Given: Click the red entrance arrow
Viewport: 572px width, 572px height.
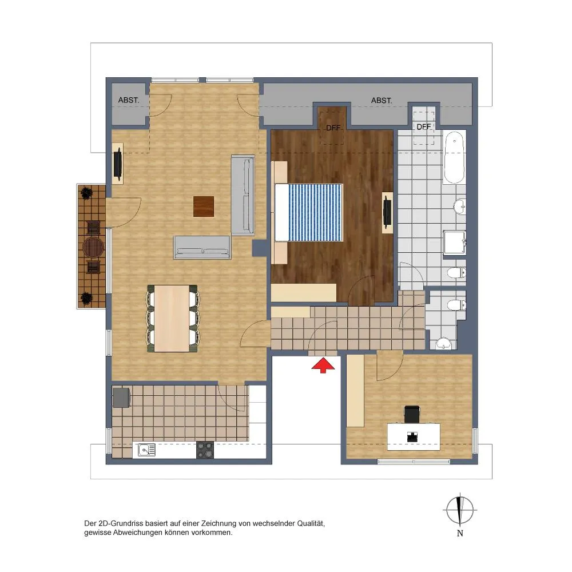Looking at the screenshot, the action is (323, 366).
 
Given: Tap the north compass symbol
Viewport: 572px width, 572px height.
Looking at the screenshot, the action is (460, 510).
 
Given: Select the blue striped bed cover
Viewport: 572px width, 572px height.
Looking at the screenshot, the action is (316, 213).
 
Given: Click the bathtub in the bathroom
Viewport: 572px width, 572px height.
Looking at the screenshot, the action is (454, 158).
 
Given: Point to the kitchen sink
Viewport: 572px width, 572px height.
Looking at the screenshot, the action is (146, 450).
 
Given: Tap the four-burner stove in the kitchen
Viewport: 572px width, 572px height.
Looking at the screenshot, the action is (205, 450).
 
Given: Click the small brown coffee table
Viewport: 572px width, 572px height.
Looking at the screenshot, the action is (204, 206).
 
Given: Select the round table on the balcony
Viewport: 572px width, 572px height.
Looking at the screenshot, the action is (93, 247).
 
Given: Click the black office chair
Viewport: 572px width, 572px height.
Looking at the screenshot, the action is (412, 414).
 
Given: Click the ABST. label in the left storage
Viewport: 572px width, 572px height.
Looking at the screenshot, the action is (128, 100).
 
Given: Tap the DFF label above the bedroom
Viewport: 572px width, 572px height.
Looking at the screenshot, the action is (333, 128).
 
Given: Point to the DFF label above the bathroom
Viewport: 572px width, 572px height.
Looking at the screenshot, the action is (424, 127).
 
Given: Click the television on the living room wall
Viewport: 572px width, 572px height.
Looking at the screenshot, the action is (118, 164).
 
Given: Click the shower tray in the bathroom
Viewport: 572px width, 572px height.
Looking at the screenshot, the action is (455, 243).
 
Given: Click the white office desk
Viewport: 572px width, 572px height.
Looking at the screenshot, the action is (414, 436).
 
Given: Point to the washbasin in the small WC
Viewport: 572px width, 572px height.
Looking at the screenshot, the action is (443, 343).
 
